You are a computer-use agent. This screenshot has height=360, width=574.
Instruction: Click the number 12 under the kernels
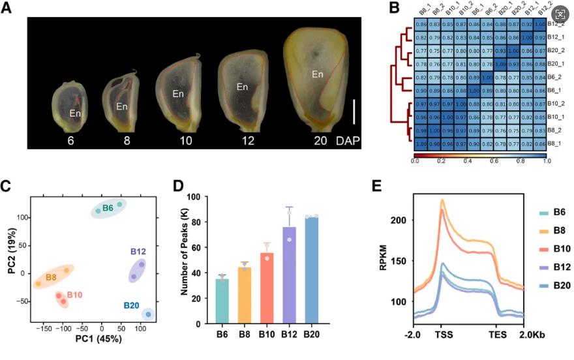point(242,140)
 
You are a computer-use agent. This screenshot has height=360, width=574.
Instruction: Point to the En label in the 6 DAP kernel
point(76,113)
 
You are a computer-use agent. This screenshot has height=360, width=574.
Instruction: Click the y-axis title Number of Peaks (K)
point(185,260)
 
